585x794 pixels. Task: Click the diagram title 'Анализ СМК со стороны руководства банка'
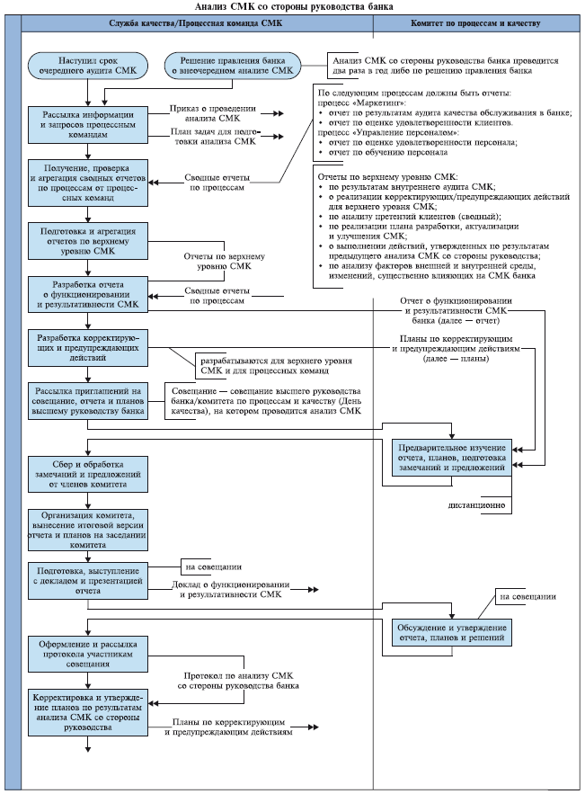coord(292,7)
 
